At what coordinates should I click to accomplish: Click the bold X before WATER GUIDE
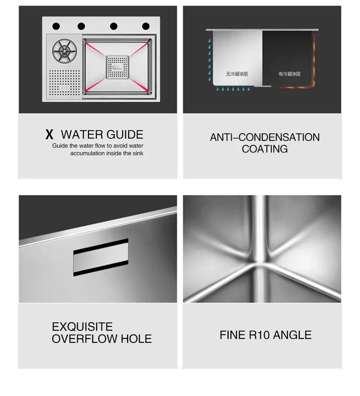pyautogui.click(x=49, y=135)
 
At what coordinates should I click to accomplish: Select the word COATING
pyautogui.click(x=264, y=149)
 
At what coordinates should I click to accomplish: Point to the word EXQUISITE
pyautogui.click(x=82, y=326)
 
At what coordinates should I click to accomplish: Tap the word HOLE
pyautogui.click(x=136, y=339)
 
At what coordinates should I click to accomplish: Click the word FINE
pyautogui.click(x=232, y=335)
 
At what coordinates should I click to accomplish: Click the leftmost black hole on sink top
pyautogui.click(x=56, y=26)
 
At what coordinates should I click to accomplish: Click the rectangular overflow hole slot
pyautogui.click(x=101, y=258)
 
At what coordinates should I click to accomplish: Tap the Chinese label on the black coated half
pyautogui.click(x=289, y=74)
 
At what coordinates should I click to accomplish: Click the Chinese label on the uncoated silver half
pyautogui.click(x=236, y=74)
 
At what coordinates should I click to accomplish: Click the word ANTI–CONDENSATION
pyautogui.click(x=264, y=137)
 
